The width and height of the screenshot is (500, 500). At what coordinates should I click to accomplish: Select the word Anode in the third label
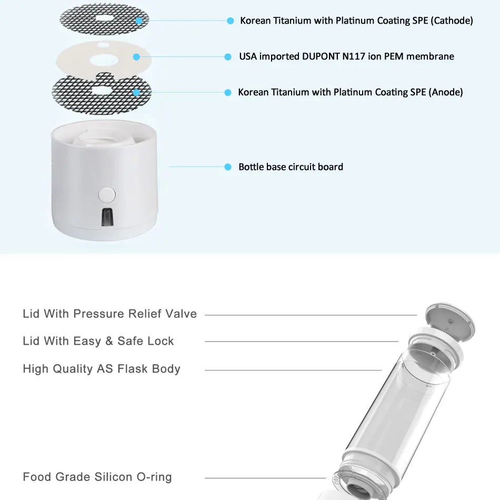tap(446, 92)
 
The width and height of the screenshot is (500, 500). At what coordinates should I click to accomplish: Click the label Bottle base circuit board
tap(291, 167)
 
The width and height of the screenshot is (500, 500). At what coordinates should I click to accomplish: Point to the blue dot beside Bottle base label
tap(228, 167)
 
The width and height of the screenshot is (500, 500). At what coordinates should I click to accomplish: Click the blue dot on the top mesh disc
tap(139, 21)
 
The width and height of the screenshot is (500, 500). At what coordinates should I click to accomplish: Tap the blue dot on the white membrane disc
tap(136, 57)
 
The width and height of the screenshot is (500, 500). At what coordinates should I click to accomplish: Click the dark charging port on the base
tap(107, 217)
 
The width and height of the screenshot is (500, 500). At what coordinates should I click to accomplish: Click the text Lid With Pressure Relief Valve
tap(109, 314)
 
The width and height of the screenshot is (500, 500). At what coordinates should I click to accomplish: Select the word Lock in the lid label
tap(161, 341)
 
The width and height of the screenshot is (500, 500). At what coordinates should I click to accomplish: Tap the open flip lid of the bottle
tap(451, 318)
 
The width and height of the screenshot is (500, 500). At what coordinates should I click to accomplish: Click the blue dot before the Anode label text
tap(228, 92)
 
